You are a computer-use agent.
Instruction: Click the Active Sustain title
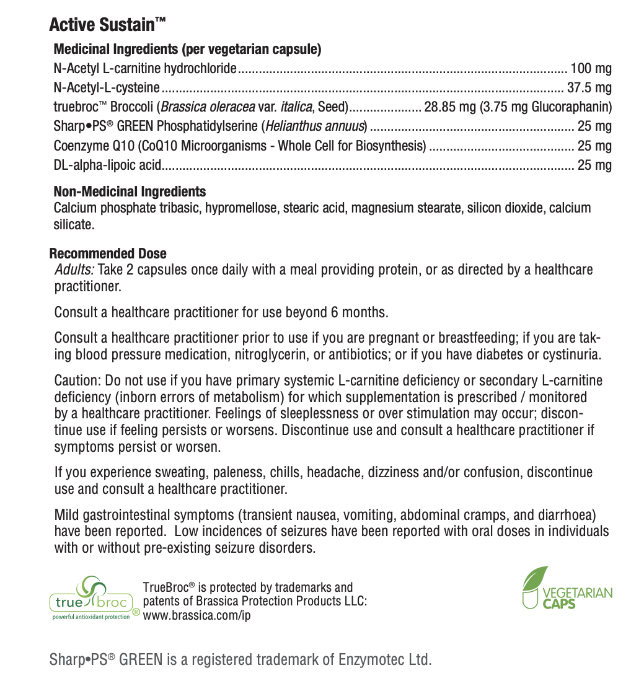click(x=107, y=25)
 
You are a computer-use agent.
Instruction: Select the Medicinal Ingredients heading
click(x=187, y=49)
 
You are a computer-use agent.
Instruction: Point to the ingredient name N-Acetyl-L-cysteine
click(x=107, y=87)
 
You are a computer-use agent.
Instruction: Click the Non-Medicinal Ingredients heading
click(x=130, y=191)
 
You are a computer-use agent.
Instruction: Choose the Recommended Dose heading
click(x=108, y=253)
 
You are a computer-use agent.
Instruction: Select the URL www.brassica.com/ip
click(x=196, y=615)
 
